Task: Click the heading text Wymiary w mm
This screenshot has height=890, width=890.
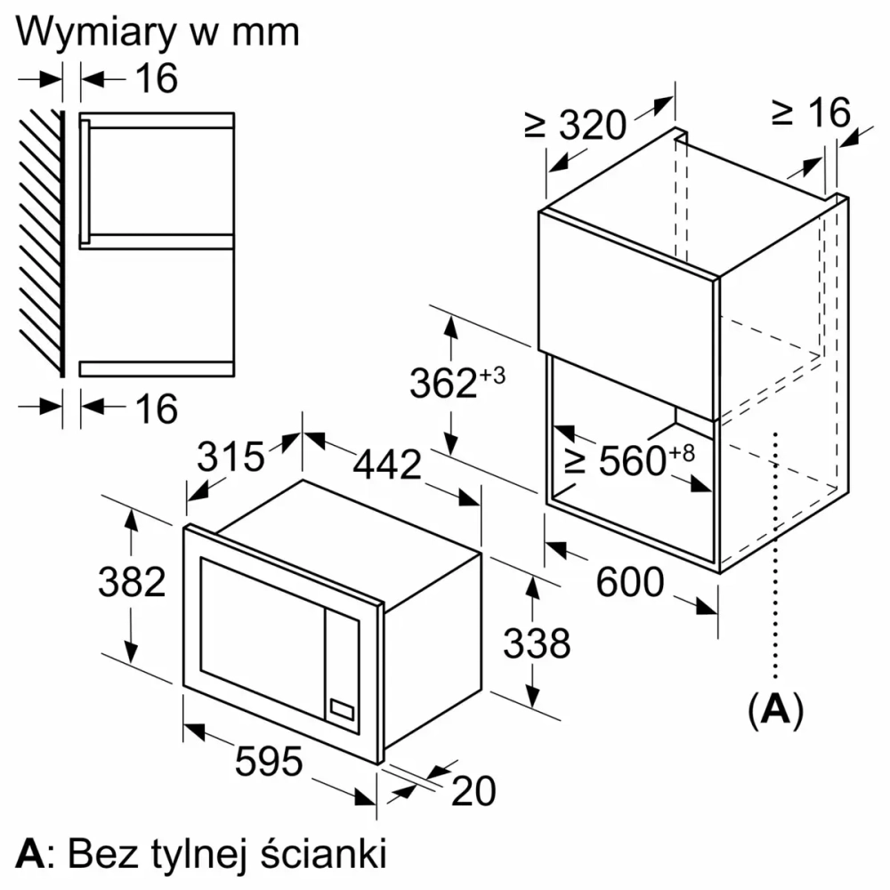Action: [158, 31]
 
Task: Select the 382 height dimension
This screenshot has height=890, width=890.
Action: [132, 582]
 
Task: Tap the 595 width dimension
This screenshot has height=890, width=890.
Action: [270, 761]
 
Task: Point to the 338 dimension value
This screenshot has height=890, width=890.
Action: [537, 643]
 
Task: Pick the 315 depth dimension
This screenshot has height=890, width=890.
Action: [231, 457]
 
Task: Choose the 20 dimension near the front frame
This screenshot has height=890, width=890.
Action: [473, 790]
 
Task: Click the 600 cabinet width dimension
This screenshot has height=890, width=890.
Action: [630, 583]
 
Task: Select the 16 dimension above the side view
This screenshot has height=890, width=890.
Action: [157, 79]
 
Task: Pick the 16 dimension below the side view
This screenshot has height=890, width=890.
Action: [157, 409]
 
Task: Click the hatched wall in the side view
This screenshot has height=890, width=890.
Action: [41, 240]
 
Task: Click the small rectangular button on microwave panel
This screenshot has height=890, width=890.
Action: [343, 709]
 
